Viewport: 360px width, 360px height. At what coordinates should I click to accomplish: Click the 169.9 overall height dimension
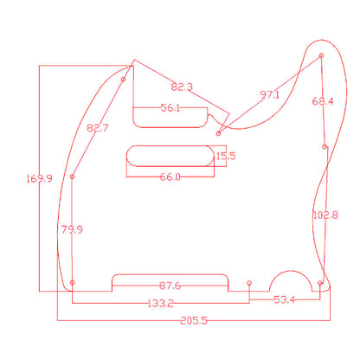click(40, 178)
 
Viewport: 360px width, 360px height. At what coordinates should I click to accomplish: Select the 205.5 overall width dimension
click(194, 319)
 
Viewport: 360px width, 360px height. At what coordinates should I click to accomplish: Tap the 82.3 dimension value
click(183, 87)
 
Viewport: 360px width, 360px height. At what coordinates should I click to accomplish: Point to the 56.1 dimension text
click(170, 108)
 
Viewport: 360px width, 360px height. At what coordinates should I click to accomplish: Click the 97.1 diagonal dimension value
click(269, 94)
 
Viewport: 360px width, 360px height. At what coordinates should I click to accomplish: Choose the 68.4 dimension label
click(323, 101)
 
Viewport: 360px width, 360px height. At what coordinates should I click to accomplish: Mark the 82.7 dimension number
click(98, 128)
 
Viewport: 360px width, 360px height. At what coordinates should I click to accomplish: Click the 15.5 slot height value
click(225, 157)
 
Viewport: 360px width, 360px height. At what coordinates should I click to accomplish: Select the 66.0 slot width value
click(169, 177)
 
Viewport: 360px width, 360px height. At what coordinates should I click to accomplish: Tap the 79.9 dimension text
click(72, 229)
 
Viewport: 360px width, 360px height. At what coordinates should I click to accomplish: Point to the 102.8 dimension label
click(325, 214)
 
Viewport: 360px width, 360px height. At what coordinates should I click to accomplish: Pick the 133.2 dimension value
click(160, 303)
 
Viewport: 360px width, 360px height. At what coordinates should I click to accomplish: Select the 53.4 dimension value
click(284, 299)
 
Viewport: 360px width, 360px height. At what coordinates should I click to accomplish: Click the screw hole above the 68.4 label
click(322, 56)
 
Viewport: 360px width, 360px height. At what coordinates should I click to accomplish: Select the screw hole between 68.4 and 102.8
click(325, 147)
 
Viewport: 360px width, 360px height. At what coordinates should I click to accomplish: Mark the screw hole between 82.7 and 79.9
click(73, 177)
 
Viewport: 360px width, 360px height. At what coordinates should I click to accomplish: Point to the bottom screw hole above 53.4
click(249, 283)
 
